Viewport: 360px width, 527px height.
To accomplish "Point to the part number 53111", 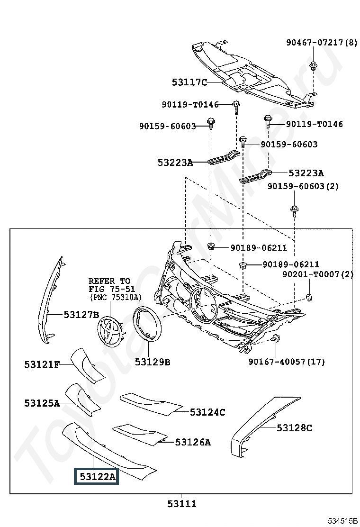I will click(x=182, y=504).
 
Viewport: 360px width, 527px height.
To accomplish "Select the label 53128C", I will click(x=295, y=428).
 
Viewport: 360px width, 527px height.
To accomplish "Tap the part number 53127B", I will click(x=81, y=314).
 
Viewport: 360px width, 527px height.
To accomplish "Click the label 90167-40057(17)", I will click(x=287, y=362).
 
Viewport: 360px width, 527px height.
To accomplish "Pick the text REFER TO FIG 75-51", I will click(x=109, y=285).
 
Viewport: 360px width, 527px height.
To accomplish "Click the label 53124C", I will click(x=207, y=412).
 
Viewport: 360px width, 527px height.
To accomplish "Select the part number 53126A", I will click(x=193, y=442).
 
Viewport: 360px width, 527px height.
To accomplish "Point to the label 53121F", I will click(x=42, y=364).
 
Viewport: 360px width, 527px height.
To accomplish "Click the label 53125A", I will click(x=42, y=403).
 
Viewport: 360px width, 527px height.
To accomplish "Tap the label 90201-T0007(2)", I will click(x=318, y=274).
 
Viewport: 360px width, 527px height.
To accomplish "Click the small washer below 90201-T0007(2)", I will click(x=309, y=297).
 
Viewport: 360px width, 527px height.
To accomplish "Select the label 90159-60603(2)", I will click(x=303, y=186).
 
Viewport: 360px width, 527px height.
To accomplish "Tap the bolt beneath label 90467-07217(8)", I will click(x=313, y=66).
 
